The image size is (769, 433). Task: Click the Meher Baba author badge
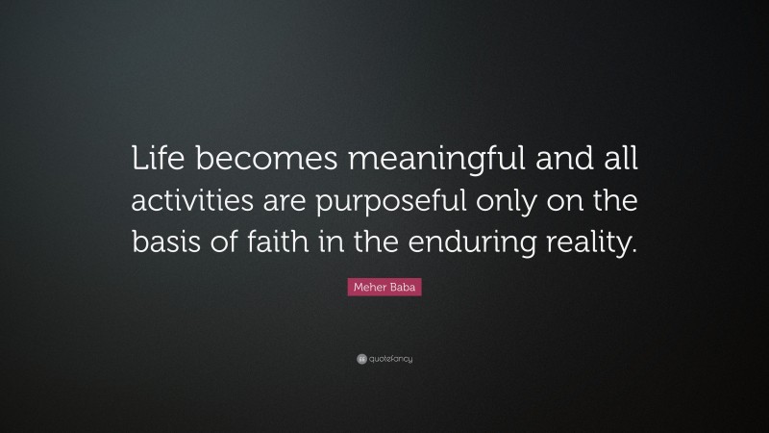[384, 287]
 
